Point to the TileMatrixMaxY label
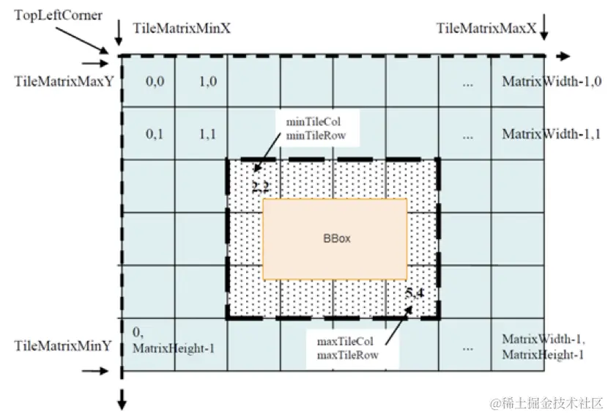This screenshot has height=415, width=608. point(64,81)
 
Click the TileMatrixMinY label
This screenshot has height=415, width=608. point(63,344)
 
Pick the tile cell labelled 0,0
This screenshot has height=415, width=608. point(155,82)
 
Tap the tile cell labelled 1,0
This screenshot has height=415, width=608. point(208,82)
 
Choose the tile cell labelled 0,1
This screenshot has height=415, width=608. point(155,134)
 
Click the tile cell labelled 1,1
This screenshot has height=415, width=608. point(208,134)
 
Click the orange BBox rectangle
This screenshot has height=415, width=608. point(335,239)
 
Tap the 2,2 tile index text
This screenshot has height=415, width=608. point(261,188)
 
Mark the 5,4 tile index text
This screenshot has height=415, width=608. point(414,293)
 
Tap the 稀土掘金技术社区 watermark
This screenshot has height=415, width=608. point(546,402)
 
